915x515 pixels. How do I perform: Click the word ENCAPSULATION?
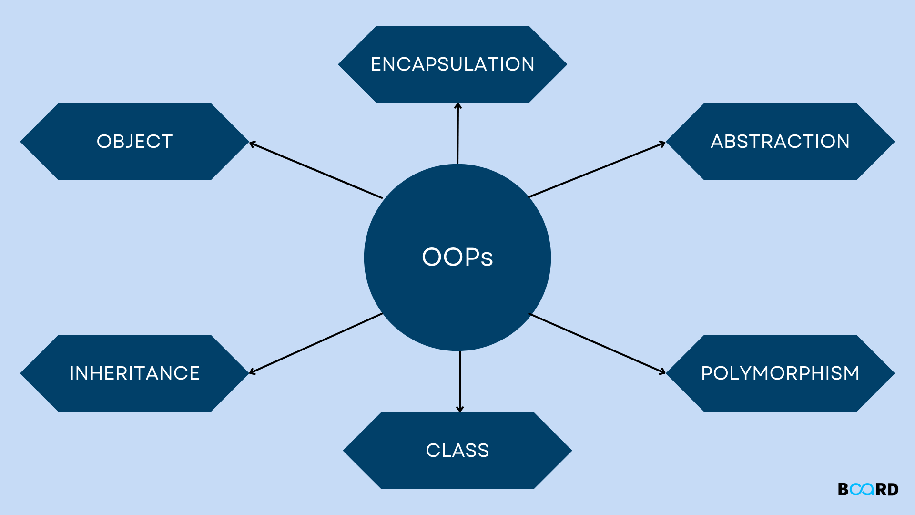coord(453,64)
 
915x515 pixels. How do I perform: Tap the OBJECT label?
coord(134,142)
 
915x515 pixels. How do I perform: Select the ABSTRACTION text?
coord(780,142)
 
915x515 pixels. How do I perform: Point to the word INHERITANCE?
coord(134,373)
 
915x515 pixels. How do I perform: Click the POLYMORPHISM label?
coord(780,373)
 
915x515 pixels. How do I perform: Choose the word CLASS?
coord(457,451)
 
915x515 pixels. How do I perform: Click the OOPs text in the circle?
coord(457,257)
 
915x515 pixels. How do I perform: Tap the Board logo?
coord(868,489)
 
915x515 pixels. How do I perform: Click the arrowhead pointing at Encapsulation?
coord(458,105)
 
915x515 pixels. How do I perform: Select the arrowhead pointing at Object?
coord(252,143)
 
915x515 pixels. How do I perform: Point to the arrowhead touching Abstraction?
coord(663,143)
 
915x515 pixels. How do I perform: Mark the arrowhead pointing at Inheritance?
coord(252,372)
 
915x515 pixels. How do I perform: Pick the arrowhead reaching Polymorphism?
coord(663,372)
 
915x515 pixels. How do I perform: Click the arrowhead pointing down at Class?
coord(460,409)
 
